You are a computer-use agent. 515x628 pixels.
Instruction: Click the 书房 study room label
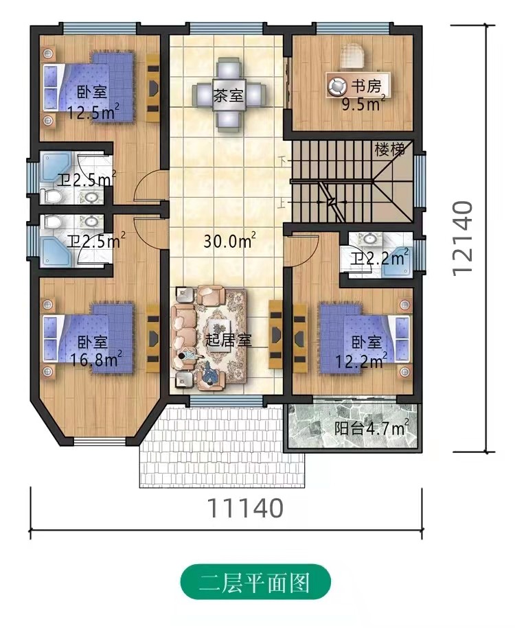pos(366,86)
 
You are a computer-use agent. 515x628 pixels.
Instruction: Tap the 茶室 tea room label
pos(228,95)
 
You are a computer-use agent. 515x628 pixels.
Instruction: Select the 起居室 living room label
pos(229,340)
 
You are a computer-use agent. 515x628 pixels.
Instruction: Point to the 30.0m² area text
pos(229,241)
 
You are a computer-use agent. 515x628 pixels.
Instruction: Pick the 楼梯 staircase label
pos(389,150)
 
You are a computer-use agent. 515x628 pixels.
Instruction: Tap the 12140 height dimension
pos(462,239)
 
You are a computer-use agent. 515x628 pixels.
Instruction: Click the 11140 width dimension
pos(245,509)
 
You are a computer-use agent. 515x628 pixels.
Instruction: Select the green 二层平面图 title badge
pos(255,583)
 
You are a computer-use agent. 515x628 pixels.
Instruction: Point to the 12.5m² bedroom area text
pos(93,112)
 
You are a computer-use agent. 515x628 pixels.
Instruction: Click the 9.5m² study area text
pos(363,104)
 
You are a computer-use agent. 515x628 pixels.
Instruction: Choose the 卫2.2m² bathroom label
pos(380,259)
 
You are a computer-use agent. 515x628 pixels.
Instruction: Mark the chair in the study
pos(353,55)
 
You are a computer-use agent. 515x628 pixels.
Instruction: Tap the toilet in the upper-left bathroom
pos(51,196)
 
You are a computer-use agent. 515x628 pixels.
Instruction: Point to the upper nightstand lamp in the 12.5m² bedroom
pos(48,53)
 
